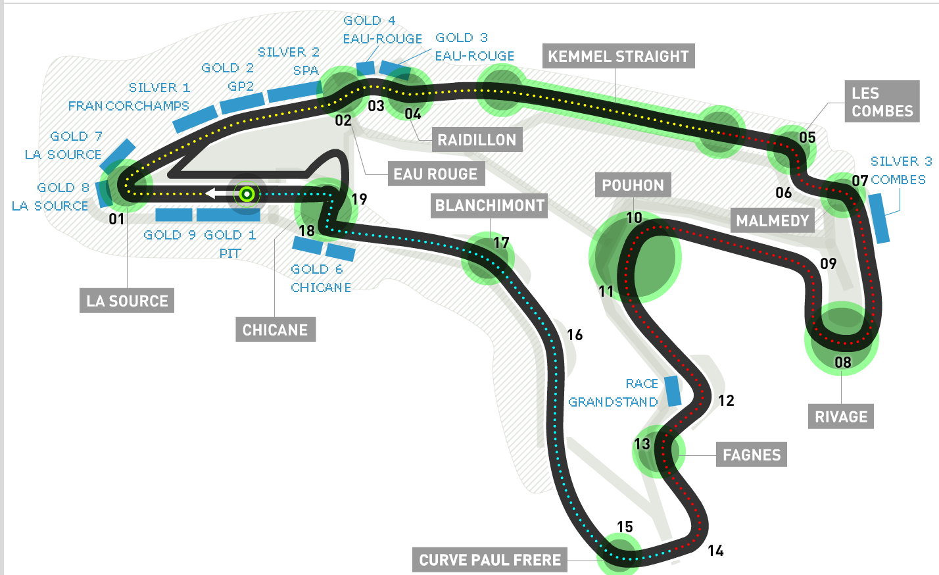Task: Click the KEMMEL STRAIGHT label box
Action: point(618,57)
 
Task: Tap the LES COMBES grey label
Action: point(882,102)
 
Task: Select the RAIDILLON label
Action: point(477,140)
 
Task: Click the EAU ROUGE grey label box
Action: point(435,174)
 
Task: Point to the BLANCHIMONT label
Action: point(490,206)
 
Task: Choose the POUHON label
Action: point(633,186)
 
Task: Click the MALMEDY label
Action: point(772,220)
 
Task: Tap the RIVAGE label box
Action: point(841,416)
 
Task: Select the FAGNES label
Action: point(752,455)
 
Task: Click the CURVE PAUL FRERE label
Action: point(490,560)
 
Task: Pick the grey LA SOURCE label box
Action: point(127,301)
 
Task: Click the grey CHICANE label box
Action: point(275,330)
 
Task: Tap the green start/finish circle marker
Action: point(247,193)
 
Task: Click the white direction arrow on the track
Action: point(216,193)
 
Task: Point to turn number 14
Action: point(715,551)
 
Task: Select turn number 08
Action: point(842,362)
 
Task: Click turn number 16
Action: point(575,335)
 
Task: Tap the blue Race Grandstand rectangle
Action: point(673,391)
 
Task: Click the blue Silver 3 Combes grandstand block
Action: point(879,218)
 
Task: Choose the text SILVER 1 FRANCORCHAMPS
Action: point(129,97)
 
